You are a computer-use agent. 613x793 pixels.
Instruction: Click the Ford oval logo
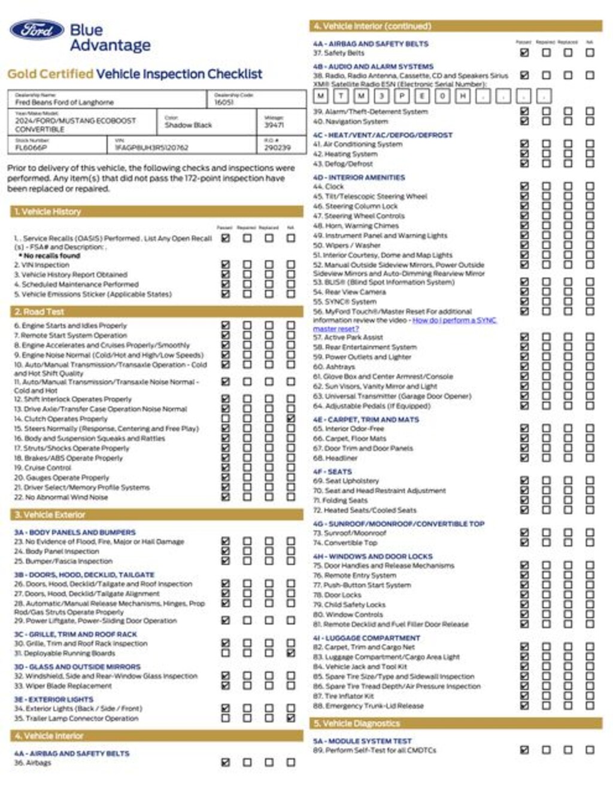point(37,29)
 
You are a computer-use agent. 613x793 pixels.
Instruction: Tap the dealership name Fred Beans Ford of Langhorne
point(64,102)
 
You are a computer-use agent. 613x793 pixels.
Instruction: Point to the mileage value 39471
point(274,125)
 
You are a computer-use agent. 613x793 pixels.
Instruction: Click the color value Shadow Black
point(188,125)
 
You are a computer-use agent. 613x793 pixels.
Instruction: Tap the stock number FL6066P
point(31,147)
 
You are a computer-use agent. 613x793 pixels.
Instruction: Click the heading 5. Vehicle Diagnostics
point(356,724)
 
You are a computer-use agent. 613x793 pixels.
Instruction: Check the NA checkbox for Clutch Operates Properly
point(291,419)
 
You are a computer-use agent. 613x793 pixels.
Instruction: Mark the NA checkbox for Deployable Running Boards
point(291,653)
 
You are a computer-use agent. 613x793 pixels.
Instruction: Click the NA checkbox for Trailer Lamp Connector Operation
point(291,718)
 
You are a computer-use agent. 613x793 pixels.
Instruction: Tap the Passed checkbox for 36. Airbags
point(226,762)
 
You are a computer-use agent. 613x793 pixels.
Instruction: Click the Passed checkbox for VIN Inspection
point(226,264)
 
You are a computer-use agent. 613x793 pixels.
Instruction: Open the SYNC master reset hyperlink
point(454,320)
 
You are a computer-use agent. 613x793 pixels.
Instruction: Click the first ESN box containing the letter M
point(321,96)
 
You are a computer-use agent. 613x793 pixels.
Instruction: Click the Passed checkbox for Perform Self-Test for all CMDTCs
point(525,750)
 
